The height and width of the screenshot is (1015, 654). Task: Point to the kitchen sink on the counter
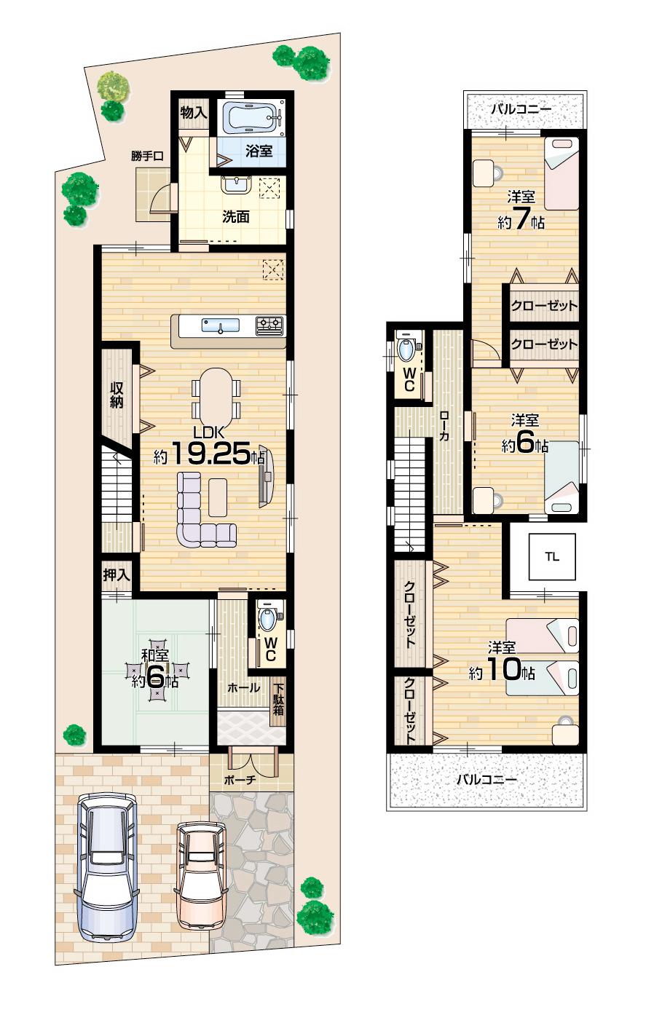[220, 325]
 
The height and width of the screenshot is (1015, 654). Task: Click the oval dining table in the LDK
[215, 399]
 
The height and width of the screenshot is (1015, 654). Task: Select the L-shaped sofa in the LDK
[201, 514]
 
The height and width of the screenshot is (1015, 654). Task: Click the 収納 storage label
[117, 394]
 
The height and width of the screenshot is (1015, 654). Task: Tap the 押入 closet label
[116, 574]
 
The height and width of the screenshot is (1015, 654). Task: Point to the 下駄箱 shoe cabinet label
[278, 698]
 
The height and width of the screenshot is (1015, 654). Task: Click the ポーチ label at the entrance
[240, 778]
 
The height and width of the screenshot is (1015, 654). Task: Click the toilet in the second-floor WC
[407, 349]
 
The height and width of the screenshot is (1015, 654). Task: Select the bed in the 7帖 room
[561, 173]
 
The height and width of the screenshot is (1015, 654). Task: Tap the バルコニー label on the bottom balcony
[486, 780]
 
